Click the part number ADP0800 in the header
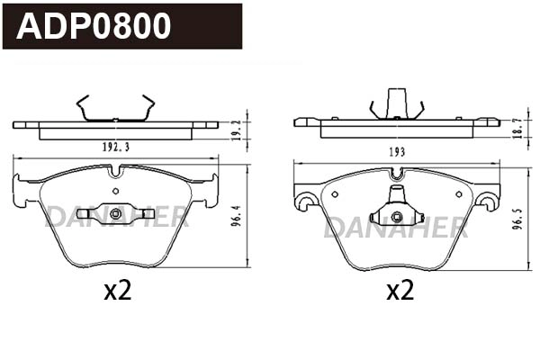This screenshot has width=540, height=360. click(94, 26)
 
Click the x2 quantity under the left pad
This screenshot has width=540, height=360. click(118, 291)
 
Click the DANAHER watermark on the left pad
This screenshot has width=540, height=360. click(117, 216)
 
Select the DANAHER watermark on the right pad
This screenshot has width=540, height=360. click(396, 227)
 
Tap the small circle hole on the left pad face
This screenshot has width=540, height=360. click(114, 191)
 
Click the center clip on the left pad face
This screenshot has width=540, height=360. click(115, 214)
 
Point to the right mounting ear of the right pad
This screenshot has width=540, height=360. click(487, 196)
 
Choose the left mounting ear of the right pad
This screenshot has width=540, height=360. click(305, 196)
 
